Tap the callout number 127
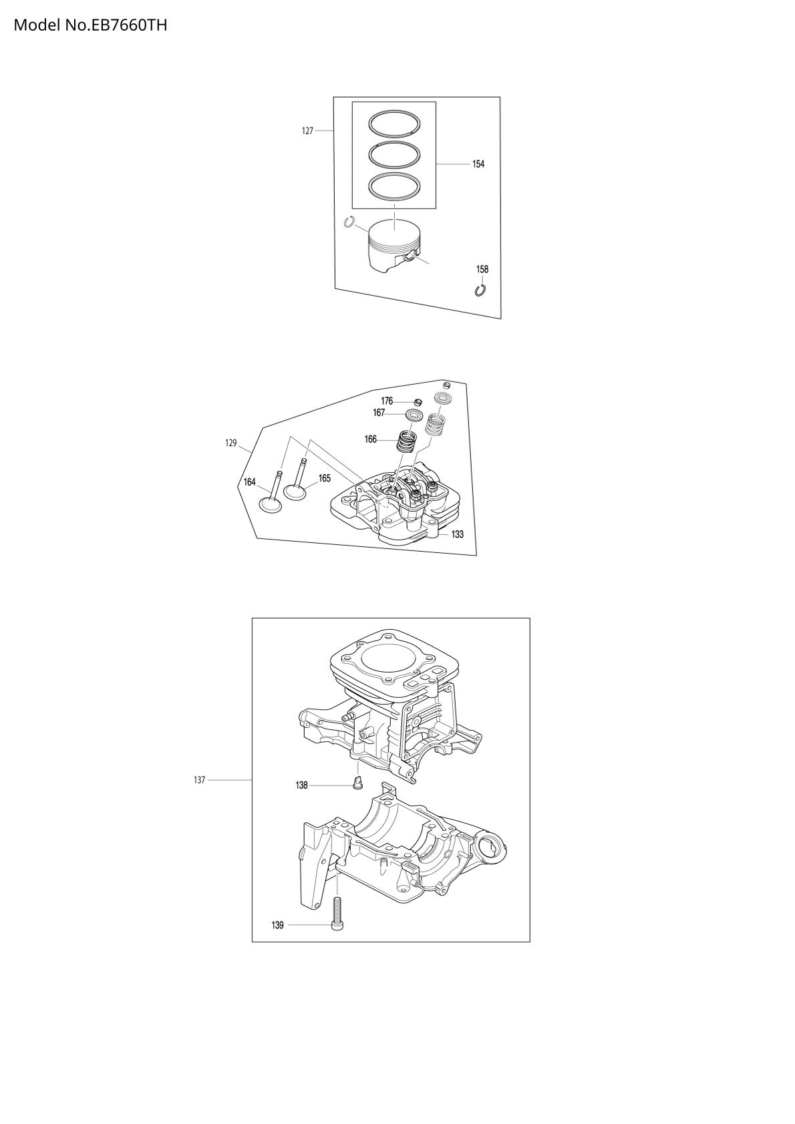coord(308,131)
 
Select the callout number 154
coord(478,164)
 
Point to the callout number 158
coord(482,269)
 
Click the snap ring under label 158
coord(480,290)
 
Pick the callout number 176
coord(387,401)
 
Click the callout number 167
coord(379,413)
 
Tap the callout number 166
coord(370,439)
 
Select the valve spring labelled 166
coord(407,441)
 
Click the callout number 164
coord(249,482)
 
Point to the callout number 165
coord(325,478)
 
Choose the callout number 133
coord(457,534)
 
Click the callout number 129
coord(230,443)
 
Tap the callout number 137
coord(199,780)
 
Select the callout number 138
coord(301,786)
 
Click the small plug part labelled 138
coord(358,782)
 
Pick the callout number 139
coord(277,925)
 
